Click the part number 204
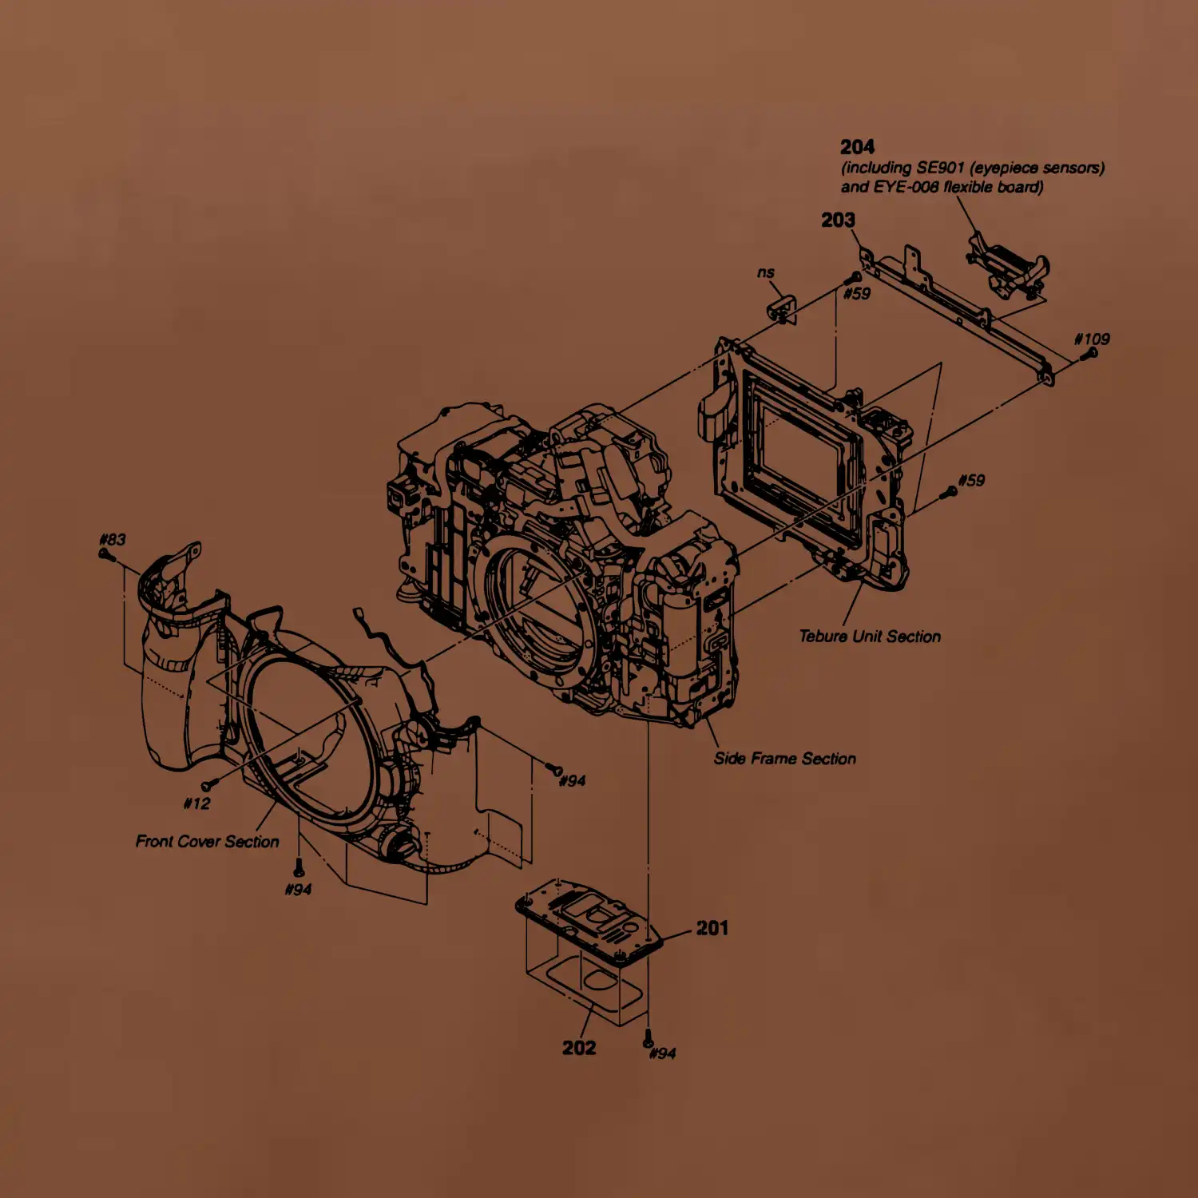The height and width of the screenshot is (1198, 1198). click(857, 147)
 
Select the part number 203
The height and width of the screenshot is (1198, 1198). click(838, 220)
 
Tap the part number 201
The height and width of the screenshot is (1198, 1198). click(712, 928)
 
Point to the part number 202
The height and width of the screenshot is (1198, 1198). click(579, 1048)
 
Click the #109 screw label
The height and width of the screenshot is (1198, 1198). click(1092, 339)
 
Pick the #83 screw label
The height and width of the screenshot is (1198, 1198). click(113, 539)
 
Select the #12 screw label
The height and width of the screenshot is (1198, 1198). click(196, 803)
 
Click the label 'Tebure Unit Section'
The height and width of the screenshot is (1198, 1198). click(870, 637)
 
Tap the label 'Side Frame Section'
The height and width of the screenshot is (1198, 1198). click(785, 759)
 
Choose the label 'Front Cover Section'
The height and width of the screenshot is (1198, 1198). click(208, 841)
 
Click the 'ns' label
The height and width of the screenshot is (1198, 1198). click(766, 272)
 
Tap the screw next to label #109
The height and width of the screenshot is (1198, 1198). click(1089, 353)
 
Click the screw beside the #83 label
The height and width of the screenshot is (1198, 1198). click(105, 553)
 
